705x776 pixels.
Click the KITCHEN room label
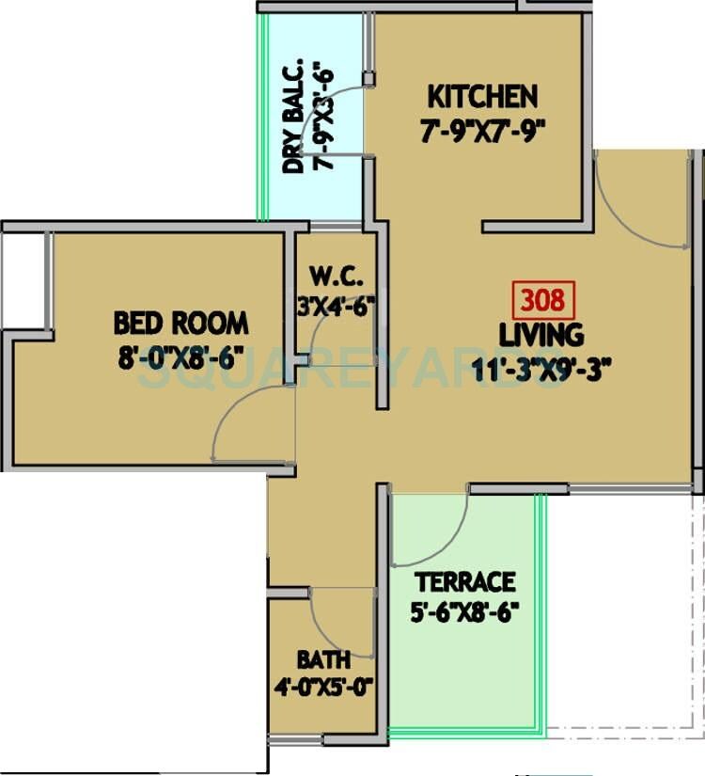[x=482, y=97]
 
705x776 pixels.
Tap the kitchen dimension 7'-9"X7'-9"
[x=482, y=131]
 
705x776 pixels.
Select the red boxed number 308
[x=541, y=300]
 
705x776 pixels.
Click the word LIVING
[x=540, y=334]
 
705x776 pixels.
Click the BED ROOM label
[x=180, y=324]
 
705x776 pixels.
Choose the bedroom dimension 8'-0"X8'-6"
[x=180, y=358]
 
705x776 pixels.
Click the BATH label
[x=322, y=658]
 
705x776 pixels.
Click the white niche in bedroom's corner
[x=23, y=277]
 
